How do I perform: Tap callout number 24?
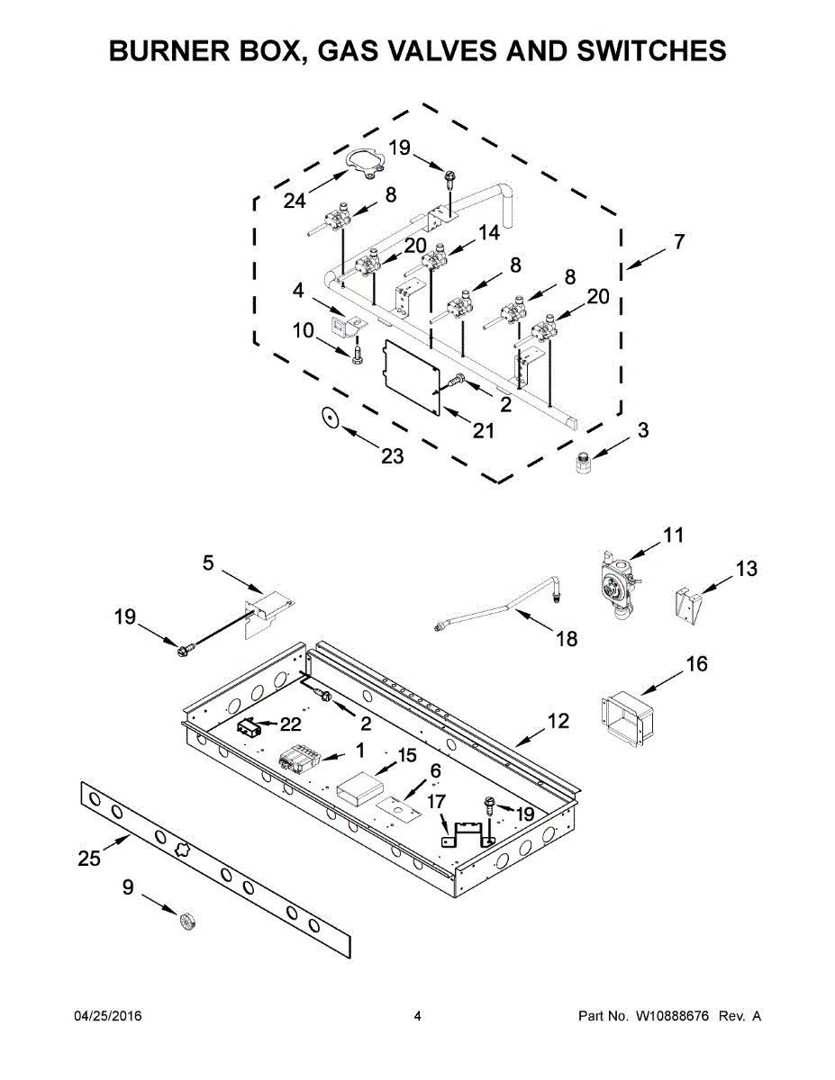click(x=295, y=202)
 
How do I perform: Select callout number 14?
click(x=488, y=232)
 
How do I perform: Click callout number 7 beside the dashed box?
click(x=678, y=241)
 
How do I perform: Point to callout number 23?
click(x=392, y=456)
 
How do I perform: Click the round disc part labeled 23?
click(x=331, y=417)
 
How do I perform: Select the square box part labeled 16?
click(x=626, y=715)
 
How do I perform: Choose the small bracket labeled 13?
click(x=686, y=606)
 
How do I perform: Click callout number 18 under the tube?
click(x=567, y=639)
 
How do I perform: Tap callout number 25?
click(x=89, y=858)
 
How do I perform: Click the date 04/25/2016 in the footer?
click(x=107, y=1016)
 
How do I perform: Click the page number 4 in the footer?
click(x=417, y=1016)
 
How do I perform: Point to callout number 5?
click(x=208, y=562)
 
